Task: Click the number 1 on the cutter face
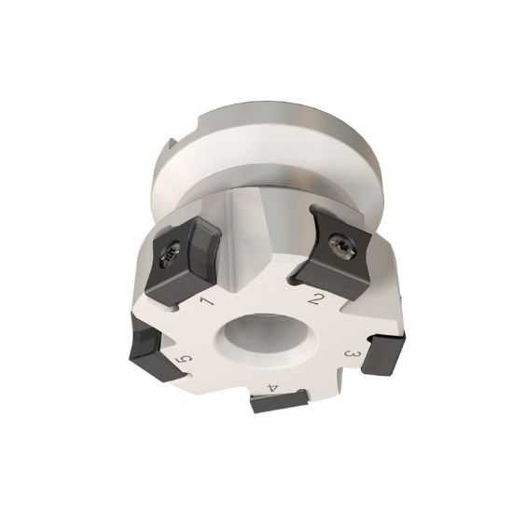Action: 206,302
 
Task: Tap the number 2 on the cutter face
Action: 317,300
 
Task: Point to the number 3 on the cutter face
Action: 353,355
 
